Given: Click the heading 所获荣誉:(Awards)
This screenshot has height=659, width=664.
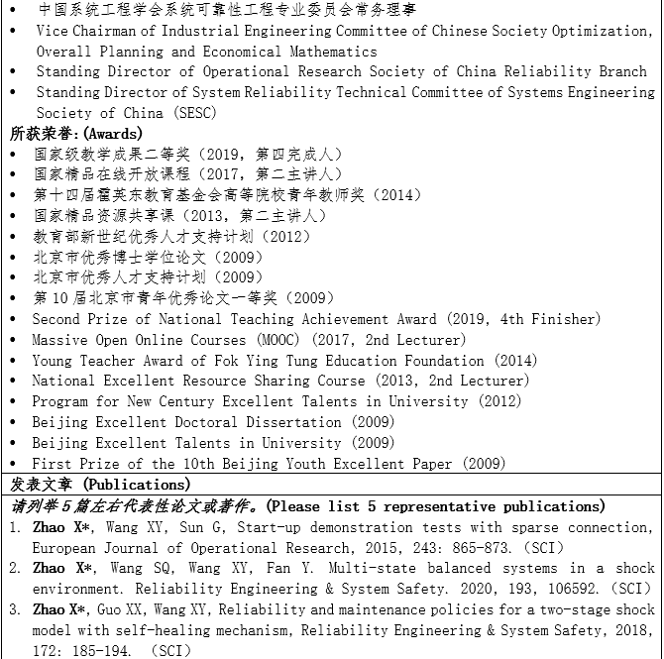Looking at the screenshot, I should pos(75,133).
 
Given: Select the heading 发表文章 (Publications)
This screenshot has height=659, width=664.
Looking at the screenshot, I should pos(100,485).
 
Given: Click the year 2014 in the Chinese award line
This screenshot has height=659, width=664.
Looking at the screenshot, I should pos(387,195).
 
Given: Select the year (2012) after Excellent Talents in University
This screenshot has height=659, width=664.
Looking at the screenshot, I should pos(498,401).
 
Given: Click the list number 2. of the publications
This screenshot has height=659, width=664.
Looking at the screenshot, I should pos(15,568).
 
